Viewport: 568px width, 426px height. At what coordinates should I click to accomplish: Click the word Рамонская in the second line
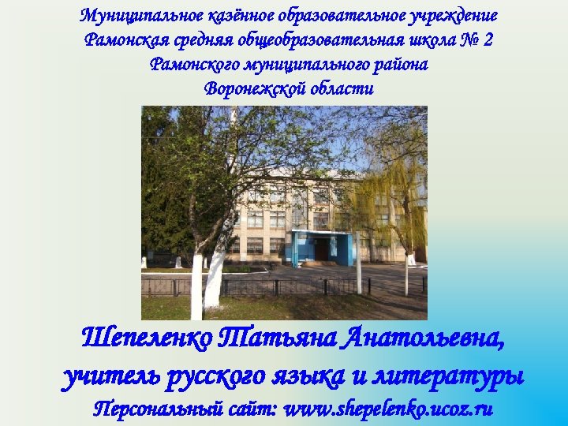click(120, 40)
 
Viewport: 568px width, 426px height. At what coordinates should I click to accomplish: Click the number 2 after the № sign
click(488, 40)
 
